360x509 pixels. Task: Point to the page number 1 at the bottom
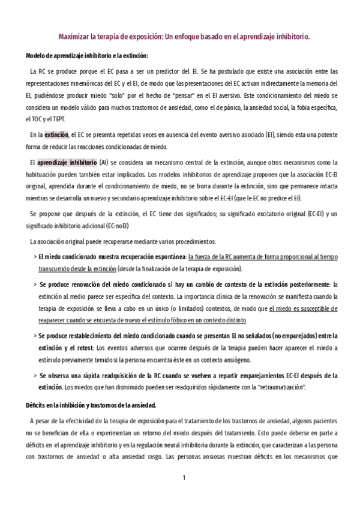[185, 478]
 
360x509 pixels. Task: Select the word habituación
[43, 173]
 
